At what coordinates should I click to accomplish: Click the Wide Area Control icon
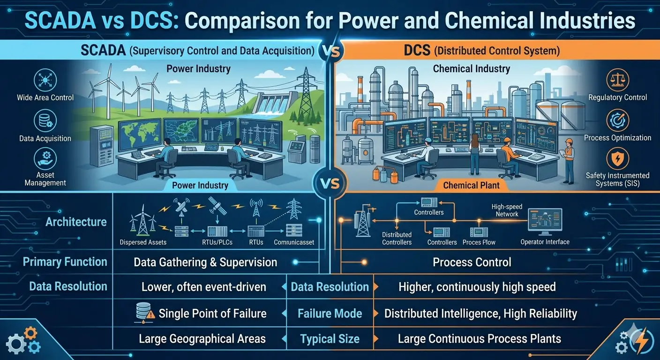coord(45,80)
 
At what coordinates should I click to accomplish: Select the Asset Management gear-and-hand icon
coord(45,159)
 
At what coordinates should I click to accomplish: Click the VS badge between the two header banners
coord(331,51)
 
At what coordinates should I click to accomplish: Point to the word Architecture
coord(76,222)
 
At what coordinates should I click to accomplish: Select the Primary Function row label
coord(65,262)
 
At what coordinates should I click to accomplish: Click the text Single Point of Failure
coord(212,314)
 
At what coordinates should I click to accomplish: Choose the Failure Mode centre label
coord(330,314)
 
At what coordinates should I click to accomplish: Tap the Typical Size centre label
coord(330,339)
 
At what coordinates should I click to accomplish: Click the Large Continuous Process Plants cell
coord(479,339)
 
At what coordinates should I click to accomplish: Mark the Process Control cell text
coord(472,262)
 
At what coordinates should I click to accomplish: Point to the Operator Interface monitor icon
coord(545,220)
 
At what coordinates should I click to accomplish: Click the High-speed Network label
coord(507,210)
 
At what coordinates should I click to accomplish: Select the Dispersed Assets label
coord(143,242)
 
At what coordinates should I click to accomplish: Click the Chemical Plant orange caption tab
coord(472,185)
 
